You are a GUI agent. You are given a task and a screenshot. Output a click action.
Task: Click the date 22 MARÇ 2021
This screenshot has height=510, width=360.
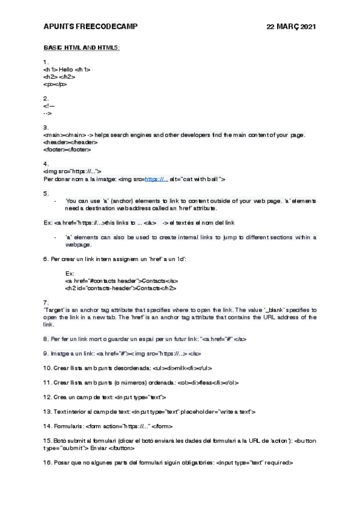coord(291,27)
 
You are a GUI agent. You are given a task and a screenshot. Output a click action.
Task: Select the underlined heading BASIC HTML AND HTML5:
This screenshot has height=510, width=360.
coord(82,48)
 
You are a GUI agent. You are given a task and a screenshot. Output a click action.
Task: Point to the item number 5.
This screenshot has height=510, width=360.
coord(46,193)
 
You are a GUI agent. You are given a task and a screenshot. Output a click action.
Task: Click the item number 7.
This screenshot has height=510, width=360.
coord(46,302)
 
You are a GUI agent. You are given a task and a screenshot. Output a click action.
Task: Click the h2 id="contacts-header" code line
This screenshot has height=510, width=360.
coord(120,288)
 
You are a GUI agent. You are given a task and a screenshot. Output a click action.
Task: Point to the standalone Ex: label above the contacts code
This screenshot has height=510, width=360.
coord(70,273)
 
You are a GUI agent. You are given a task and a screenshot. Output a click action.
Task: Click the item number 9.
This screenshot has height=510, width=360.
coord(46,354)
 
